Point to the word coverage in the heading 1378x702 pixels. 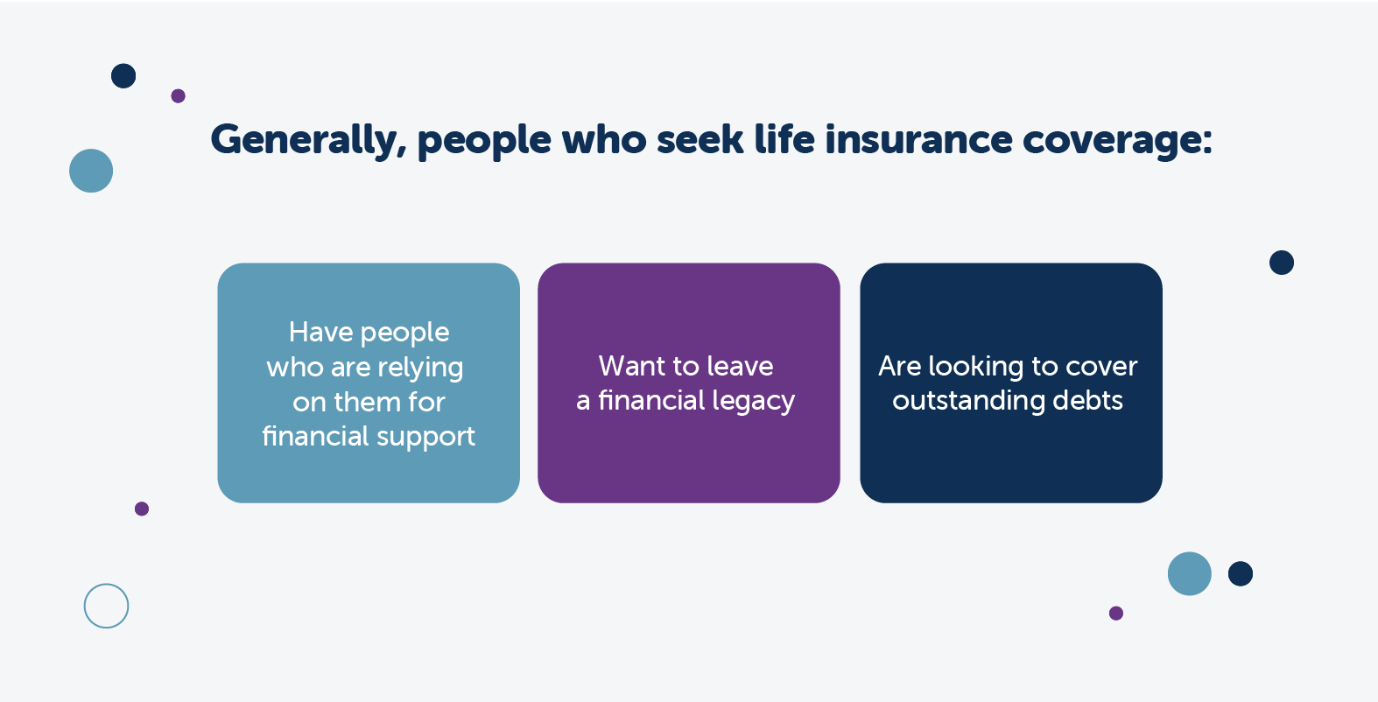pyautogui.click(x=1116, y=140)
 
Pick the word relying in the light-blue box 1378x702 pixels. pyautogui.click(x=420, y=368)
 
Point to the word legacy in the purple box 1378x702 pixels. pyautogui.click(x=754, y=402)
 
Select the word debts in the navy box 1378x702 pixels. pyautogui.click(x=1087, y=400)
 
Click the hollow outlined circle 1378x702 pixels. pyautogui.click(x=106, y=606)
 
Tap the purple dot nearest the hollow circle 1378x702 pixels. pyautogui.click(x=142, y=509)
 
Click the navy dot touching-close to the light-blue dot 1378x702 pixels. pyautogui.click(x=1240, y=574)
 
